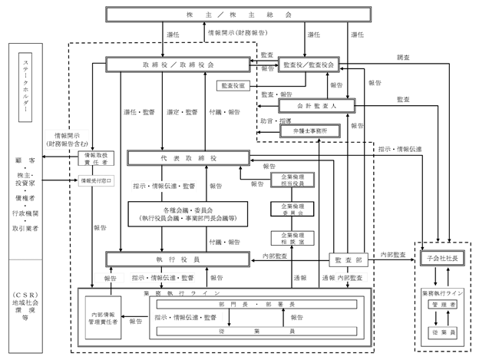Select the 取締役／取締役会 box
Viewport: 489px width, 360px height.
pos(179,65)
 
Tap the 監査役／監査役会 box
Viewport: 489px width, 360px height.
pos(309,65)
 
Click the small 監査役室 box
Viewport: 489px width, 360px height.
pos(236,84)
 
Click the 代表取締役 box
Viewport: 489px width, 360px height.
pos(189,157)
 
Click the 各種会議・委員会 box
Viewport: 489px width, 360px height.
pos(189,213)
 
